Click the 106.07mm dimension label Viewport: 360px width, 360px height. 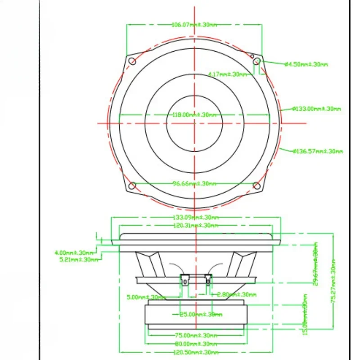(194, 25)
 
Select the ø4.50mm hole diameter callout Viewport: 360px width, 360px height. (306, 64)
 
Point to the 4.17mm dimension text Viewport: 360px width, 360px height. (227, 74)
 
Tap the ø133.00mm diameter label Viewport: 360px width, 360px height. (316, 108)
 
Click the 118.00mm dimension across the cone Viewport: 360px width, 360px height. (195, 115)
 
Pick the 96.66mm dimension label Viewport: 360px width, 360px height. (195, 184)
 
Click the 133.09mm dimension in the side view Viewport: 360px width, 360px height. (195, 218)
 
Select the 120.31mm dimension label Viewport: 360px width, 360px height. (195, 225)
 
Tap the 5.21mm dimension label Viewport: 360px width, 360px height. (78, 259)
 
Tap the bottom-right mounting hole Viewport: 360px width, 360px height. (256, 185)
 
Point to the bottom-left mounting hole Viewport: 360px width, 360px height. (132, 185)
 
